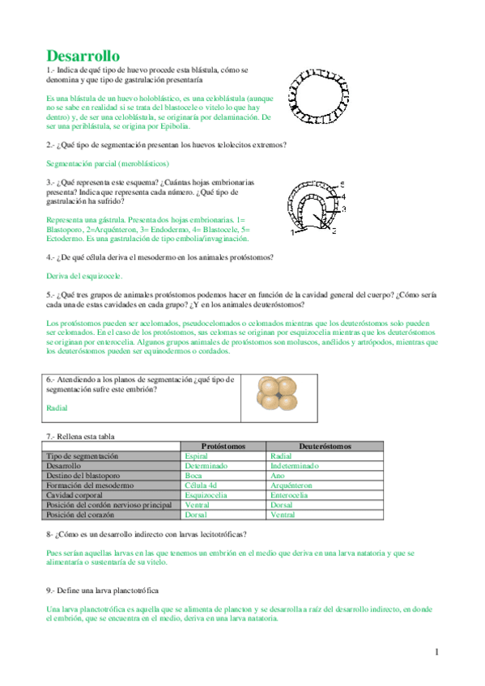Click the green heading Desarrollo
(x=83, y=56)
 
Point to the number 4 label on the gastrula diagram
(x=342, y=196)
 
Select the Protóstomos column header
(x=223, y=446)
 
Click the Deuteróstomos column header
(x=325, y=446)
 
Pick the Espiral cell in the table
(x=197, y=456)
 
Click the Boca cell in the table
(x=194, y=476)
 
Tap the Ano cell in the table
(x=278, y=476)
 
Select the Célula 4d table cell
(x=202, y=485)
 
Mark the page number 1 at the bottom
(x=436, y=652)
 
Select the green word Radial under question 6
(x=57, y=409)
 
